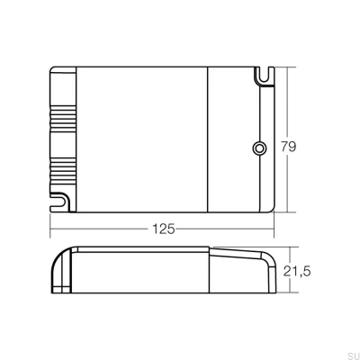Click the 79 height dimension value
pyautogui.click(x=289, y=147)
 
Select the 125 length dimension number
pyautogui.click(x=163, y=229)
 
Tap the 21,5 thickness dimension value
pyautogui.click(x=300, y=271)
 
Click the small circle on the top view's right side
pyautogui.click(x=258, y=148)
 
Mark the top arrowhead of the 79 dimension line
pyautogui.click(x=288, y=68)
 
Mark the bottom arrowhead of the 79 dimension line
pyautogui.click(x=288, y=211)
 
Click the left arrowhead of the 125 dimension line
pyautogui.click(x=52, y=229)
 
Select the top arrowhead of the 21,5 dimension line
pyautogui.click(x=288, y=248)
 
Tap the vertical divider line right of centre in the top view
pyautogui.click(x=209, y=139)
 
